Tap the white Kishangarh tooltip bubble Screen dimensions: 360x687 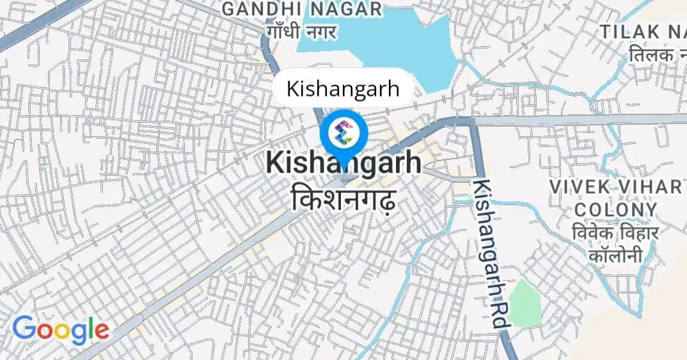(342, 88)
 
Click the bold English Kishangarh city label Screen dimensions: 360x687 (343, 162)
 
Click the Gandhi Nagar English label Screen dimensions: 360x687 (301, 10)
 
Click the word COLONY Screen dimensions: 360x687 (616, 210)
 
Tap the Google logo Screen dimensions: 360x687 (61, 329)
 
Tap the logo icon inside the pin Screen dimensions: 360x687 (343, 133)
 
